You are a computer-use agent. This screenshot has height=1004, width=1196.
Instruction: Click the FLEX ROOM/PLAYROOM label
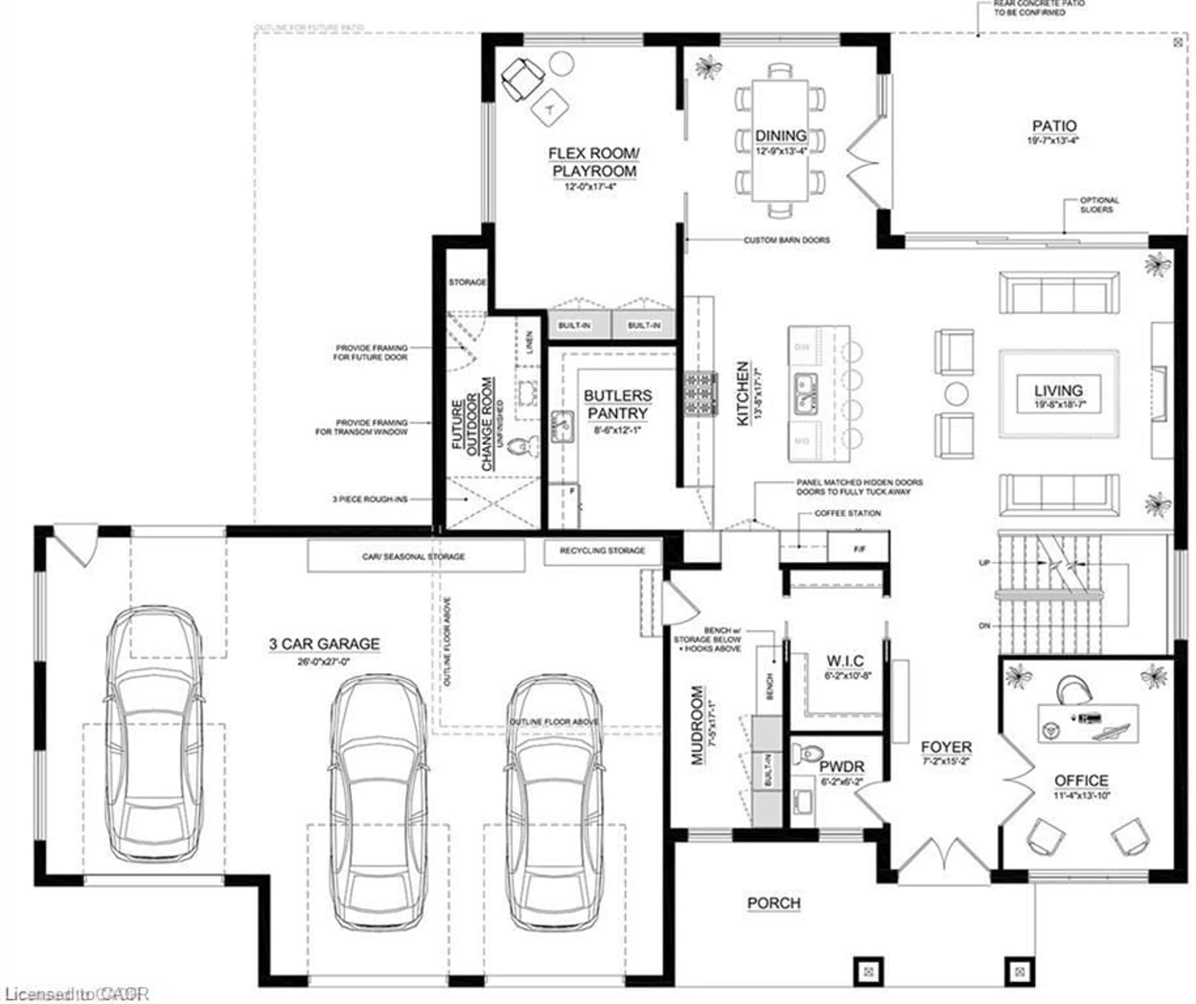click(x=594, y=162)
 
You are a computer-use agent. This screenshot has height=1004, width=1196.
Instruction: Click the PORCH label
click(x=773, y=903)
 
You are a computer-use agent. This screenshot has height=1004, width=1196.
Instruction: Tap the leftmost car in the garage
click(x=154, y=735)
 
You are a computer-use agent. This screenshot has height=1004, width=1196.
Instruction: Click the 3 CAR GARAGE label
click(x=324, y=644)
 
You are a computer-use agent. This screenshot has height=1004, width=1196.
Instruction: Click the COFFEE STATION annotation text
click(x=847, y=513)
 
